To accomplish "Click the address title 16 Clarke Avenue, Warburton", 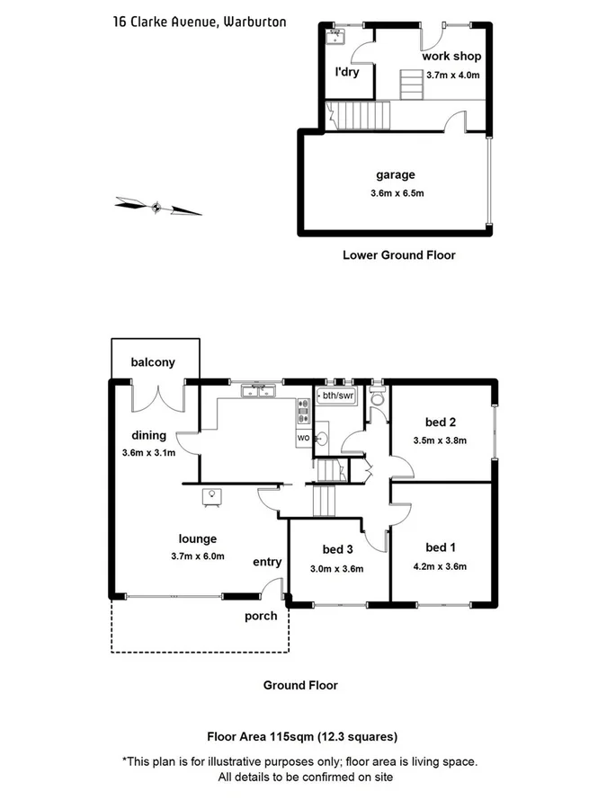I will pyautogui.click(x=200, y=21).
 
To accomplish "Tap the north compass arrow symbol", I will pyautogui.click(x=158, y=208).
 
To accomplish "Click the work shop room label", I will pyautogui.click(x=451, y=56).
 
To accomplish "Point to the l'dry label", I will pyautogui.click(x=347, y=72).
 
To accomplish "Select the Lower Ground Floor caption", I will pyautogui.click(x=398, y=255).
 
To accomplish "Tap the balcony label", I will pyautogui.click(x=153, y=362).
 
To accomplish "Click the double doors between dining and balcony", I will pyautogui.click(x=160, y=396).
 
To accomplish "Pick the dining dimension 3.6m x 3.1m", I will pyautogui.click(x=148, y=452).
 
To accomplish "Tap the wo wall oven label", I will pyautogui.click(x=302, y=437).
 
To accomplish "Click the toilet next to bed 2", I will pyautogui.click(x=377, y=396).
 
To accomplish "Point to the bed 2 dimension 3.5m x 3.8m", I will pyautogui.click(x=440, y=440).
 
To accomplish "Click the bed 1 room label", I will pyautogui.click(x=440, y=548).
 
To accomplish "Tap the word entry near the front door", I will pyautogui.click(x=267, y=562).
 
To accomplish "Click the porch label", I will pyautogui.click(x=261, y=617).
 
